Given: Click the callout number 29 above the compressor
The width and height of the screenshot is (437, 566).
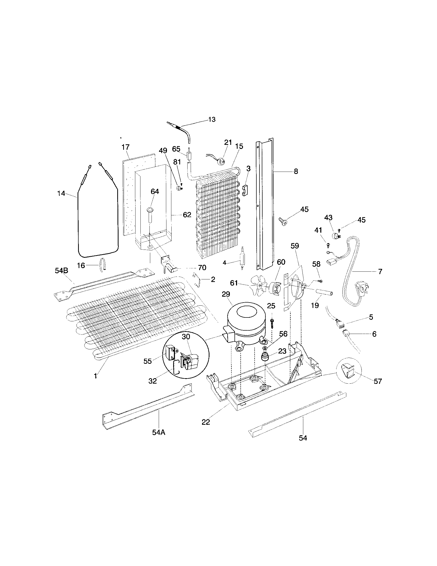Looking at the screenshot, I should [226, 294].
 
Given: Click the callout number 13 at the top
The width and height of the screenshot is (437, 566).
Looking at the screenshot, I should [212, 119].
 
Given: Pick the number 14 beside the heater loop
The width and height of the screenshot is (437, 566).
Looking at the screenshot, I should [61, 193].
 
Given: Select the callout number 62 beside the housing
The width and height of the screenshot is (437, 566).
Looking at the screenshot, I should [187, 215].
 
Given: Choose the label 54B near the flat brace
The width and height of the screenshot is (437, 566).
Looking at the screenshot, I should [62, 271].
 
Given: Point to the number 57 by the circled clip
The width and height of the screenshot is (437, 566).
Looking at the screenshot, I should [377, 381].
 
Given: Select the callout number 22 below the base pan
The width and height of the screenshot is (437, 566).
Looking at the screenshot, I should [206, 422].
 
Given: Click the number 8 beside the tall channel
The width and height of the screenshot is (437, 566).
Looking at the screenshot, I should [296, 171].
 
